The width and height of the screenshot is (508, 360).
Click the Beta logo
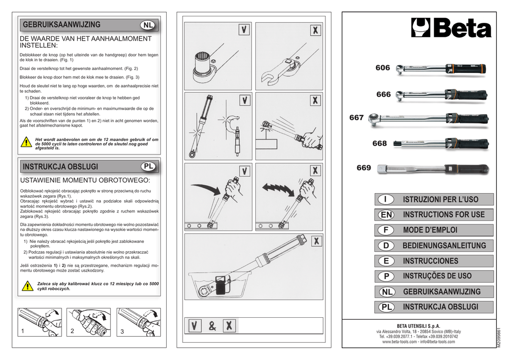(x=451, y=28)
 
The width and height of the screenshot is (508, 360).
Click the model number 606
(x=382, y=68)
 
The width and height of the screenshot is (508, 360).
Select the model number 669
(x=364, y=168)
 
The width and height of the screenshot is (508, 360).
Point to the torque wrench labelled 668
(x=441, y=144)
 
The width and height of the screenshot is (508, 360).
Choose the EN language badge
(x=385, y=215)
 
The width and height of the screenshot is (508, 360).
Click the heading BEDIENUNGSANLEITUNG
(x=444, y=245)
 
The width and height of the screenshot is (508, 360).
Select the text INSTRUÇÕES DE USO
(x=437, y=276)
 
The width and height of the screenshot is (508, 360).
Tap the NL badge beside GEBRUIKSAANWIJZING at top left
(x=148, y=25)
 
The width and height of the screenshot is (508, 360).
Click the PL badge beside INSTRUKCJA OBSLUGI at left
(x=148, y=166)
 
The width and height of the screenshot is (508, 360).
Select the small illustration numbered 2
(x=89, y=322)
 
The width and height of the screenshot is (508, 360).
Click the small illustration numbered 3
(x=139, y=322)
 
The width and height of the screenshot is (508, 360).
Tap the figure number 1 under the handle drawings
(x=22, y=331)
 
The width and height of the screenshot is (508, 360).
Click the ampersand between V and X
(x=212, y=326)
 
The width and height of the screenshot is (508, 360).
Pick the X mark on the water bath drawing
(x=315, y=241)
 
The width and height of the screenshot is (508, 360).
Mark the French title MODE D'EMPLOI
(x=430, y=230)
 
